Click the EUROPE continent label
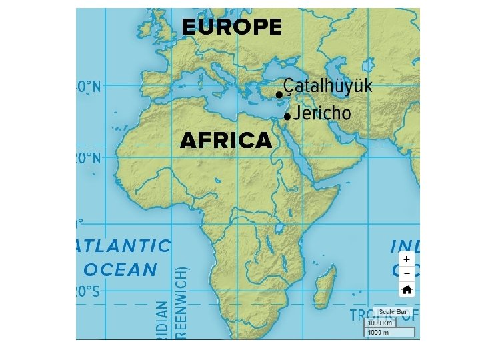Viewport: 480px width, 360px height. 231,27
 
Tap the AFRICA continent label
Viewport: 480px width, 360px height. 226,141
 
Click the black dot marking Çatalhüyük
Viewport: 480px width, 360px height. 279,95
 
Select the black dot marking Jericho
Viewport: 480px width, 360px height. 286,117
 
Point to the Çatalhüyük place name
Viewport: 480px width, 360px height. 328,86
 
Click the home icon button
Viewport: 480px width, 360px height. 406,289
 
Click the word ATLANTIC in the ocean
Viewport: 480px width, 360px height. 124,245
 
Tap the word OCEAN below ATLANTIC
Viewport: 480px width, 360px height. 120,269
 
